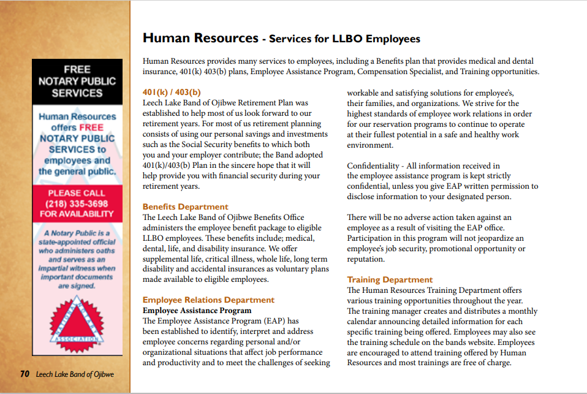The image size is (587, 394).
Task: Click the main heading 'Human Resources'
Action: tap(200, 38)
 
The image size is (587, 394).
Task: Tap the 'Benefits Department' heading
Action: tap(185, 206)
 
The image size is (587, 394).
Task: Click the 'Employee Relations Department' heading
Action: tap(208, 300)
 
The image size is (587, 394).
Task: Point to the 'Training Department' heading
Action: tap(390, 279)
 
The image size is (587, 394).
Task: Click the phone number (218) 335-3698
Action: tap(77, 203)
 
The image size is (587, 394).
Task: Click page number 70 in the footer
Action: tap(25, 374)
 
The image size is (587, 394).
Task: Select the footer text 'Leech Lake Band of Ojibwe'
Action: tap(75, 374)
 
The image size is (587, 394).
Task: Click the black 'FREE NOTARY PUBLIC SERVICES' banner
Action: tap(77, 81)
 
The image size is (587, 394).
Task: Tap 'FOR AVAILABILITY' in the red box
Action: tap(77, 214)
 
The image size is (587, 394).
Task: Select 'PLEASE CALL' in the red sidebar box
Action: tap(77, 193)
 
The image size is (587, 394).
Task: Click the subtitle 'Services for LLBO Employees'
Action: tap(344, 39)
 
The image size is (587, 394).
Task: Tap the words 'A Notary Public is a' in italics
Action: tap(77, 233)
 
